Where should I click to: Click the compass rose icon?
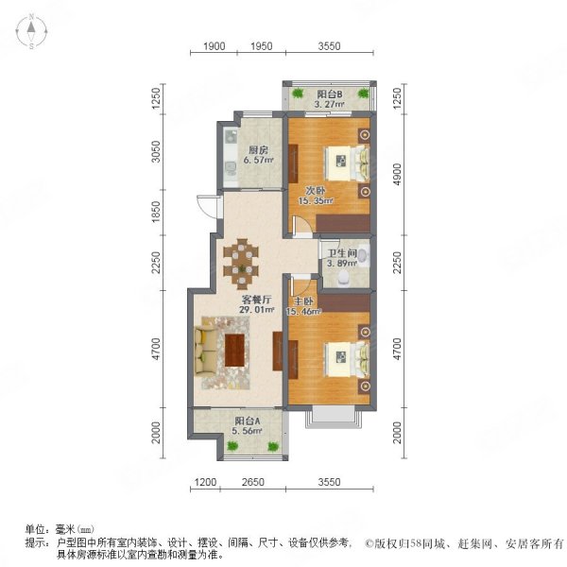tap(31, 32)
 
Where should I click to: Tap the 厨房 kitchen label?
tap(258, 149)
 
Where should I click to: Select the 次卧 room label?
tap(316, 191)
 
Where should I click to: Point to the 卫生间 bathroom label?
tap(342, 253)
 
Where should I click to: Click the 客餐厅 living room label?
tap(256, 300)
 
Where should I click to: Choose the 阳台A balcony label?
tap(248, 421)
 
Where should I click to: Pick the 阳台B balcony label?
tap(330, 94)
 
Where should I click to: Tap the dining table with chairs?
tap(241, 264)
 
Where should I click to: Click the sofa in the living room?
tap(203, 350)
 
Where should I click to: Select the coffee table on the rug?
tap(234, 351)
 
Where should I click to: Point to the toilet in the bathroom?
tap(343, 279)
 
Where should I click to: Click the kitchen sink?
tap(230, 137)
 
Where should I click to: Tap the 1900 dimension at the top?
tap(215, 46)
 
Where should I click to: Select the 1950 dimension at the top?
tap(262, 46)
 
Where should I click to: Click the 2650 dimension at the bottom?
tap(252, 482)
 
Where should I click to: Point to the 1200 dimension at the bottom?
tap(205, 482)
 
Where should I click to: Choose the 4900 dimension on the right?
tap(398, 175)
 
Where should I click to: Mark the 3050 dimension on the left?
tap(156, 151)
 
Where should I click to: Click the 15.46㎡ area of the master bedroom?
tap(303, 311)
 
